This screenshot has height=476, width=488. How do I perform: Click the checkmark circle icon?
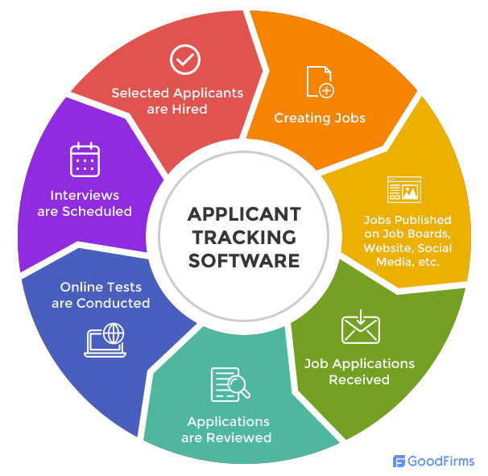coord(185,60)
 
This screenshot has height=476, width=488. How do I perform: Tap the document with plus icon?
coord(320,82)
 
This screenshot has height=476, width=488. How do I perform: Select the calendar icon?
coord(85,159)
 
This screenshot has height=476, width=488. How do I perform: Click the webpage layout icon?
coord(404,189)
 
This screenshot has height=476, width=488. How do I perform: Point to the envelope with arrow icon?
coord(361,326)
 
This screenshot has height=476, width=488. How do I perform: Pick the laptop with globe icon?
coord(105,340)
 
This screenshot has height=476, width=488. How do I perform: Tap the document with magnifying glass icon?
coord(230,384)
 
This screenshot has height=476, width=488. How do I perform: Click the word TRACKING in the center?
coord(244,238)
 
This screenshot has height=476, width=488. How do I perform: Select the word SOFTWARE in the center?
coord(244,261)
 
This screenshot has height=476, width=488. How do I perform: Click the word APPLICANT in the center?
coord(244,214)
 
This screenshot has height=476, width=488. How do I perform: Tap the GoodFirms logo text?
coord(440,461)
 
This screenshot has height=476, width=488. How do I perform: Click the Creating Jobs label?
coord(320,118)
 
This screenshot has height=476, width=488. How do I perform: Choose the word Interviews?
coord(85,196)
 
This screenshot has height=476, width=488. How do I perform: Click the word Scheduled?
coord(97,211)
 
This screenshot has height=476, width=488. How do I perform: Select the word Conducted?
coord(114,303)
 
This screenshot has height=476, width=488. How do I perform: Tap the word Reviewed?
coord(238,437)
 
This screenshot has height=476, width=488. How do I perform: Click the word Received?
coord(359,380)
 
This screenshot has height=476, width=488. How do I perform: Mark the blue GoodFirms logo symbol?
coord(399,461)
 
